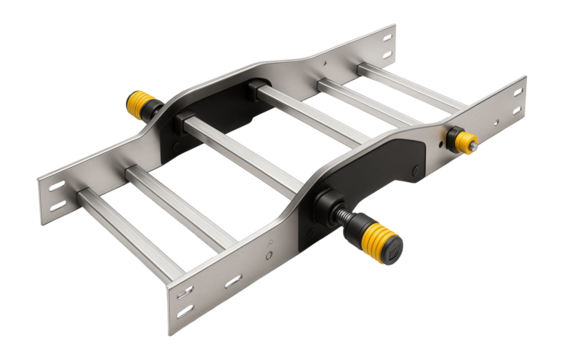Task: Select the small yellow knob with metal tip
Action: click(462, 141)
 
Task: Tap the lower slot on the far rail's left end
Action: click(51, 207)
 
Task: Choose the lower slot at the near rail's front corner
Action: click(184, 322)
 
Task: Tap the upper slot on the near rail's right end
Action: click(516, 89)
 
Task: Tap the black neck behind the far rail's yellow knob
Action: click(157, 111)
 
